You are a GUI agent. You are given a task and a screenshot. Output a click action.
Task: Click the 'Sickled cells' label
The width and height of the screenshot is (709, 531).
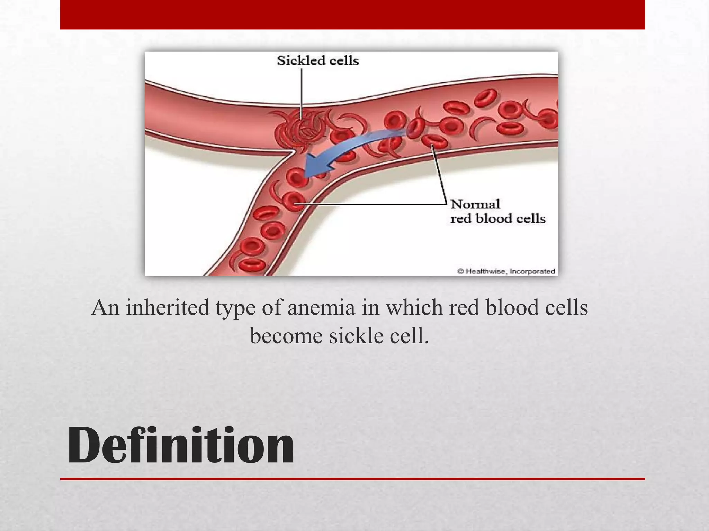click(317, 61)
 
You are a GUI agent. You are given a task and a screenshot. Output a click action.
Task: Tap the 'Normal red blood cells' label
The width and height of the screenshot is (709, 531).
click(497, 211)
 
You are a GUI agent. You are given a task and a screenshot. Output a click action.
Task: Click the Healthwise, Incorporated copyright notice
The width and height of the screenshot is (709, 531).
click(506, 271)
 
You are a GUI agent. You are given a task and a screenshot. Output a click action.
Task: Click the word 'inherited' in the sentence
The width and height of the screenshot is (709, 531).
click(168, 307)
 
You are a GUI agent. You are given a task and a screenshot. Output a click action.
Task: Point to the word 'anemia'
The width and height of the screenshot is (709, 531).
click(321, 307)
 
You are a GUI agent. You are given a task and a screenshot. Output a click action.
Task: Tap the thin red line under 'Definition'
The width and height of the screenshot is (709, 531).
click(352, 479)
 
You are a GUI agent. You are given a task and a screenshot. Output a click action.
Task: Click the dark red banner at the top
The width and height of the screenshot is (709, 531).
click(352, 15)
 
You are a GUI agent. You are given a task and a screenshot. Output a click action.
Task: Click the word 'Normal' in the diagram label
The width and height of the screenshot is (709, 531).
click(475, 204)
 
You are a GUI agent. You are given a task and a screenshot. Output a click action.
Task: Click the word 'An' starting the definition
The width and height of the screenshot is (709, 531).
click(106, 307)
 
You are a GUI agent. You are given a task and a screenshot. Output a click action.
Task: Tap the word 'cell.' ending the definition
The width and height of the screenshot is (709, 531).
click(409, 336)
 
